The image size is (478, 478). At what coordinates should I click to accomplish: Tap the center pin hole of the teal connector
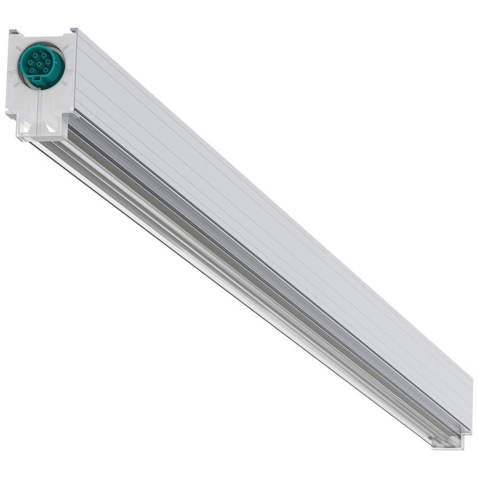[39, 63]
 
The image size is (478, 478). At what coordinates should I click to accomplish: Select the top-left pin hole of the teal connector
[35, 55]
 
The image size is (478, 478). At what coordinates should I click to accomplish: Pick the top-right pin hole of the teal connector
[44, 55]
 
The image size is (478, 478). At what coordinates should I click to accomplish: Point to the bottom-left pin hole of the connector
[32, 70]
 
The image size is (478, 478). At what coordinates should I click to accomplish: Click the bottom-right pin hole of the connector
[46, 70]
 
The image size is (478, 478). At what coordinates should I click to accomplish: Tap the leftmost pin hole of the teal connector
[30, 62]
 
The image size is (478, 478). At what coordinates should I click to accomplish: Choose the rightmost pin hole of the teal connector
[48, 62]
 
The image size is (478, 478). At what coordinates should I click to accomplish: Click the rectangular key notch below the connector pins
[37, 79]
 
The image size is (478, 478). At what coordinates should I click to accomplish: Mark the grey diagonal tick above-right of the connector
[65, 47]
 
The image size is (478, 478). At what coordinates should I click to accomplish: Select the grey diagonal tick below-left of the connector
[18, 83]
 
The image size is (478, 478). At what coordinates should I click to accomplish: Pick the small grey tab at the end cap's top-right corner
[74, 30]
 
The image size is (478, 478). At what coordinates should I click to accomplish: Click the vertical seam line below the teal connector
[38, 104]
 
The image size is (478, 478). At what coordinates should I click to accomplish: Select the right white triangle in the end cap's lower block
[50, 126]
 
